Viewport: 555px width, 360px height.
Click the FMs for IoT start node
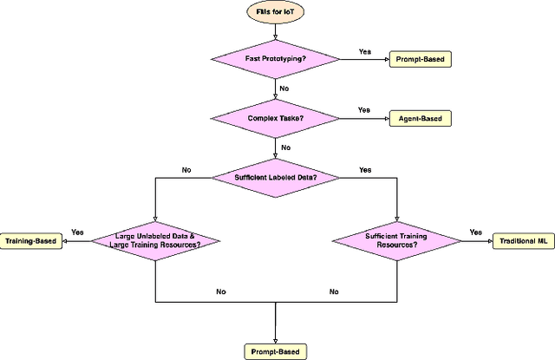click(x=275, y=14)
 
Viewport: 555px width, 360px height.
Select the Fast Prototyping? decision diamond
click(x=275, y=57)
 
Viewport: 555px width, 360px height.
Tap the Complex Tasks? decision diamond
click(x=275, y=117)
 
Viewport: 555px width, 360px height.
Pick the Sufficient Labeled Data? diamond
click(x=275, y=177)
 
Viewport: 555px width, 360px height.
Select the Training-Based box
click(x=31, y=239)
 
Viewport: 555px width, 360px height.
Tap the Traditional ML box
click(x=522, y=239)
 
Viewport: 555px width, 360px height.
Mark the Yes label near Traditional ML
click(x=475, y=232)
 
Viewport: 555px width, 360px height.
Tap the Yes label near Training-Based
click(x=77, y=232)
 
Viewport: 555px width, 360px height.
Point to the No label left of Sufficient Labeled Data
click(x=186, y=170)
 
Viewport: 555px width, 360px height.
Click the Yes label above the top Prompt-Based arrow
click(x=365, y=51)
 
